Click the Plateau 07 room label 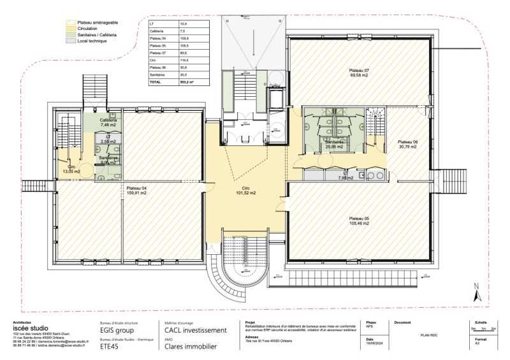click(x=359, y=69)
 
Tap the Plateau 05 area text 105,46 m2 click(x=359, y=224)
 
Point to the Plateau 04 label click(x=136, y=188)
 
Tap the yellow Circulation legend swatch click(x=72, y=29)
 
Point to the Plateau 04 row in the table click(x=157, y=39)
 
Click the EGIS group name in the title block click(x=117, y=331)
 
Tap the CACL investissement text click(x=196, y=331)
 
